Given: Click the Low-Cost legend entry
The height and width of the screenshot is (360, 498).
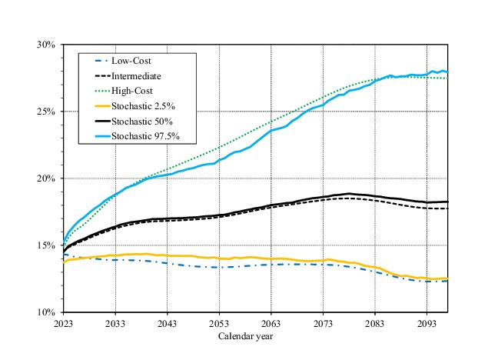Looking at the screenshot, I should click(131, 61).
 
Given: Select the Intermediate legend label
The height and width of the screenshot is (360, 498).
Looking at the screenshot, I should click(136, 76).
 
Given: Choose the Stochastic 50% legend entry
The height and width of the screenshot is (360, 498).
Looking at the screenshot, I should click(141, 122).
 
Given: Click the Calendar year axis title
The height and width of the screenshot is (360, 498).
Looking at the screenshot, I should click(245, 336).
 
